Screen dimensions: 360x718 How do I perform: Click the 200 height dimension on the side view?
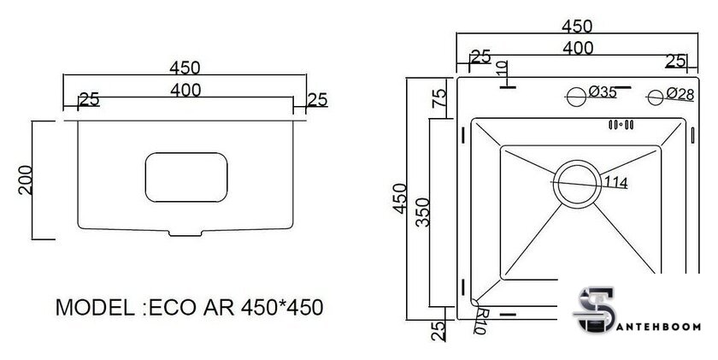tap(26, 180)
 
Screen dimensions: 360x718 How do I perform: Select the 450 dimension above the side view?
tap(185, 67)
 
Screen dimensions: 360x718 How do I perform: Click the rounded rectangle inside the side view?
tap(187, 178)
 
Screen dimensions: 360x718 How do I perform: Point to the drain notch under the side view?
tap(186, 232)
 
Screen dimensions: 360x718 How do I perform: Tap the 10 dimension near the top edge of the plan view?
tap(502, 68)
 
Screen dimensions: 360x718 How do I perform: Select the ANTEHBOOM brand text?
tap(657, 326)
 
